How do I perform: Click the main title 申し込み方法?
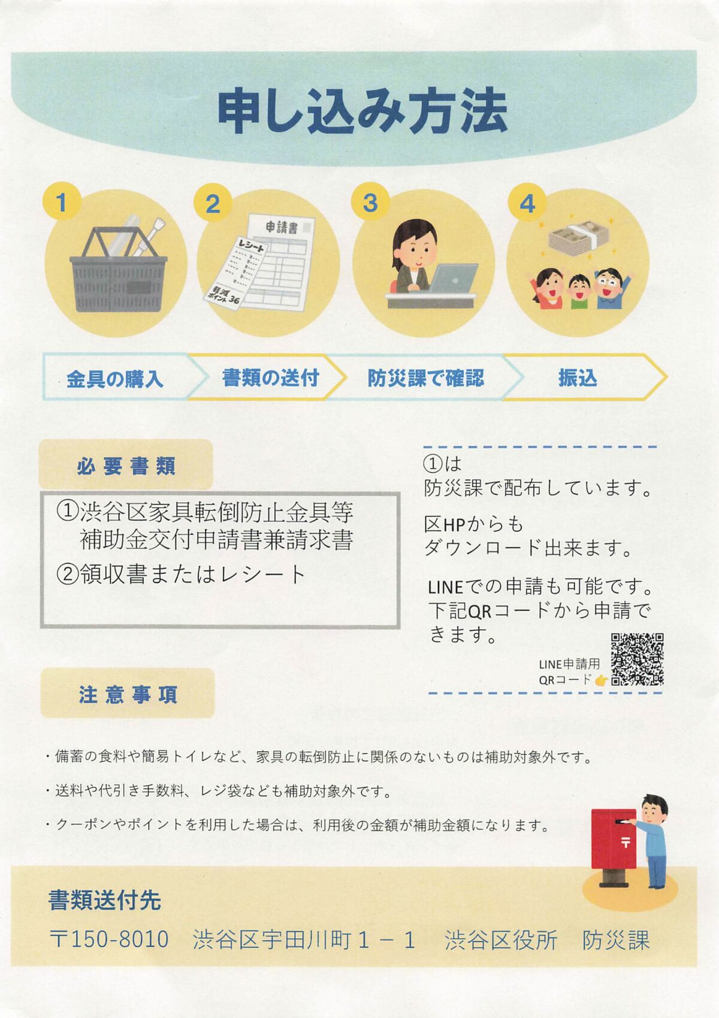362,111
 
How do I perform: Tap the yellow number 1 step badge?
62,201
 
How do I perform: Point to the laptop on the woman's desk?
452,279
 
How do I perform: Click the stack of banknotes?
579,239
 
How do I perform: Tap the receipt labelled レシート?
234,273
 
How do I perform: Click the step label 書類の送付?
271,377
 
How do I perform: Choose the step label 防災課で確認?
426,378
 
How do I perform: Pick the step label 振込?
578,378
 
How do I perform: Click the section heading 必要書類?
126,466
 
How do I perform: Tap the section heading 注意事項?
128,695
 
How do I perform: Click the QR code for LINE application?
637,660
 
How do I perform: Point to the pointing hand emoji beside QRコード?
602,680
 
